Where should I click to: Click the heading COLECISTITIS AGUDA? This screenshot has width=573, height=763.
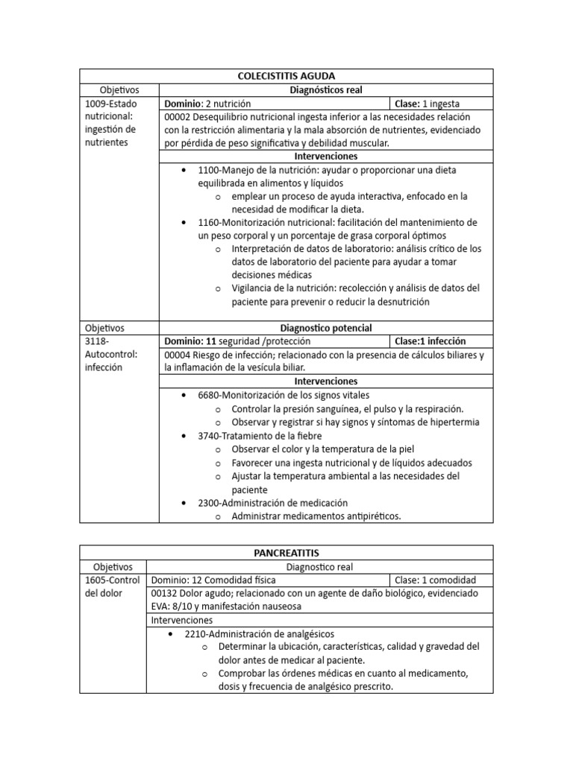click(x=286, y=76)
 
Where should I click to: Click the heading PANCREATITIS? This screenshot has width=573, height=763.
click(x=286, y=552)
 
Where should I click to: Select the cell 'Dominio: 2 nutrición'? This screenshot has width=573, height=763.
click(x=208, y=104)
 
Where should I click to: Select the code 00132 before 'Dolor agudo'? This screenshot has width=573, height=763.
click(x=165, y=593)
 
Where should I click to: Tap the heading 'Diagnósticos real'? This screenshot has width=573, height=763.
click(x=326, y=90)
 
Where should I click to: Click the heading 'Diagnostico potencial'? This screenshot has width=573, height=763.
click(x=326, y=328)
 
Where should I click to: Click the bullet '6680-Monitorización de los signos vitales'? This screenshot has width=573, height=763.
click(x=284, y=395)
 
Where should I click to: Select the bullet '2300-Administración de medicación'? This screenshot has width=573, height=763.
click(x=272, y=503)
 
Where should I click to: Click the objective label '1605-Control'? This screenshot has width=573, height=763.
click(x=111, y=580)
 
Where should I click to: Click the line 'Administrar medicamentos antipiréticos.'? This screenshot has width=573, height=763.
click(x=316, y=516)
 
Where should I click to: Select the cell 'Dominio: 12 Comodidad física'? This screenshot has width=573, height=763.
click(x=213, y=580)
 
